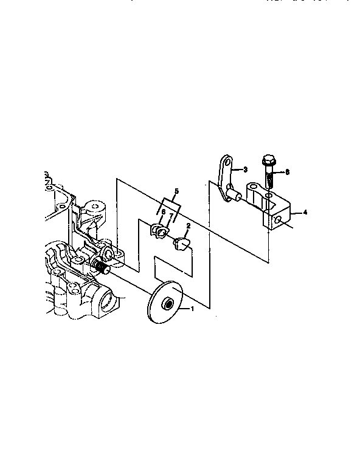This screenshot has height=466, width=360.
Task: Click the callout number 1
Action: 193,309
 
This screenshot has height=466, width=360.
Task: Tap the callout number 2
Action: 189,226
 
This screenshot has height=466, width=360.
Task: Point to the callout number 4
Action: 305,213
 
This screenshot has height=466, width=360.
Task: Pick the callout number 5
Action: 176,191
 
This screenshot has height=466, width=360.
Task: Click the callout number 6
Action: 163,212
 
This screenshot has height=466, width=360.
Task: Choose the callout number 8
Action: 287,172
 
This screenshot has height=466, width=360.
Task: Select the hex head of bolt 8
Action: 268,161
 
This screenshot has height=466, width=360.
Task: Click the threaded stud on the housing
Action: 100,265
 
